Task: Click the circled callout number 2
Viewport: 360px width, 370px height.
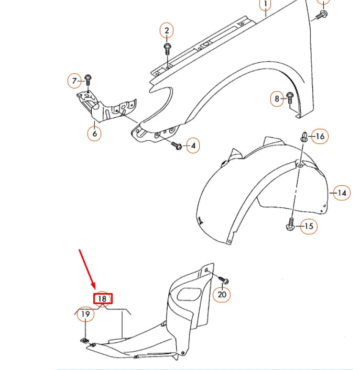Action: [x=167, y=30]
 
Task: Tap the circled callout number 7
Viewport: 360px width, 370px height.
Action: [x=75, y=81]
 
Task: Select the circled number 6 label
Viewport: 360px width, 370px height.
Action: [x=94, y=133]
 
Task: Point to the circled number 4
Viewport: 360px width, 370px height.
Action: [x=192, y=145]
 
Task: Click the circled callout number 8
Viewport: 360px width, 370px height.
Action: [x=277, y=98]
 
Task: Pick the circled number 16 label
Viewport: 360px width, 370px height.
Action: [x=320, y=137]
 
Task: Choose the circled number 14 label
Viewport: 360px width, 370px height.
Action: [x=342, y=193]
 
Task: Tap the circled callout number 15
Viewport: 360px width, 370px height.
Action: [x=309, y=227]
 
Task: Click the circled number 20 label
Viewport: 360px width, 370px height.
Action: [x=223, y=295]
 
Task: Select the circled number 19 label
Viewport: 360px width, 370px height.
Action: [x=85, y=315]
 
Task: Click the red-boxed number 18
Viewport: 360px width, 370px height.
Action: [x=103, y=299]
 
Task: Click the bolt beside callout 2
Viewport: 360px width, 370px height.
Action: [x=167, y=50]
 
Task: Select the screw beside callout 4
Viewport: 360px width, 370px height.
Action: [x=177, y=146]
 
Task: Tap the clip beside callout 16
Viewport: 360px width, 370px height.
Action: [x=304, y=137]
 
